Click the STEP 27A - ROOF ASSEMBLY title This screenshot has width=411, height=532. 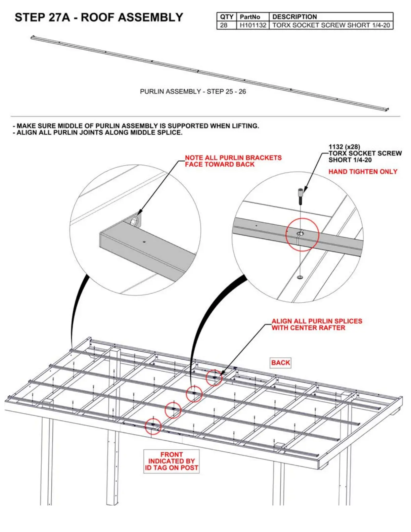(x=99, y=17)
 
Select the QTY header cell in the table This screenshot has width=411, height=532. (x=226, y=17)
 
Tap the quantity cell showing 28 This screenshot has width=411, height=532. (x=224, y=25)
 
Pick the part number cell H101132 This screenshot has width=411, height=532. (x=253, y=25)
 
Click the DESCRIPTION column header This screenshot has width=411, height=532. (x=294, y=17)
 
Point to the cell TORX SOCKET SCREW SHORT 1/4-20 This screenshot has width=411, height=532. (x=331, y=25)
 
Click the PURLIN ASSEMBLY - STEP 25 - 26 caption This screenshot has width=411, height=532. (x=193, y=91)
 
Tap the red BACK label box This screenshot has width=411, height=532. (x=280, y=363)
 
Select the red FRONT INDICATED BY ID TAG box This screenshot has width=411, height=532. (x=171, y=461)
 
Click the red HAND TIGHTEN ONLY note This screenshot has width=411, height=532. (x=363, y=172)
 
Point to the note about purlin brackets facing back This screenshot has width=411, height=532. (x=233, y=161)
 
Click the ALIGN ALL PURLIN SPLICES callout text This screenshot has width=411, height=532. (x=317, y=324)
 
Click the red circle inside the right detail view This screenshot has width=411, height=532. (x=302, y=235)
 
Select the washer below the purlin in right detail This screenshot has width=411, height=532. (x=300, y=277)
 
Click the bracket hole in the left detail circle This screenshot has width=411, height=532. (x=134, y=221)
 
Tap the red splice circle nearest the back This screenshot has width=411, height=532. (x=214, y=378)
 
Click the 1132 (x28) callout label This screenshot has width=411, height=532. (x=344, y=147)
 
